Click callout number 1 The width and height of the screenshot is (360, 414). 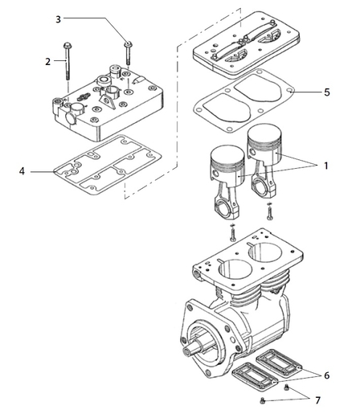click(x=325, y=166)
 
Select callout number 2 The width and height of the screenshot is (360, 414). click(x=48, y=61)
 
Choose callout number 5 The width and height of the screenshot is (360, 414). click(x=327, y=92)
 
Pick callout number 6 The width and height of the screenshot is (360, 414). click(x=326, y=375)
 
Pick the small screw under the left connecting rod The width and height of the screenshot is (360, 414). click(x=232, y=235)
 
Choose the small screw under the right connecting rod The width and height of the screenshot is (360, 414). click(x=271, y=213)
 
